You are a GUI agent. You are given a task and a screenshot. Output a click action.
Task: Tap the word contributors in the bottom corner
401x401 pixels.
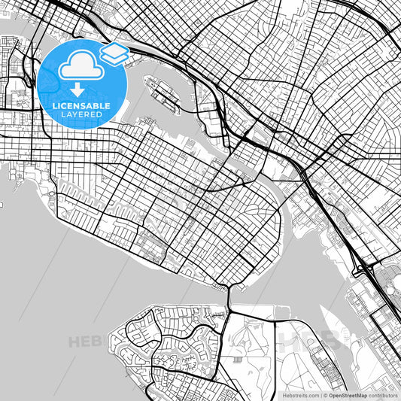[x=384, y=394]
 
